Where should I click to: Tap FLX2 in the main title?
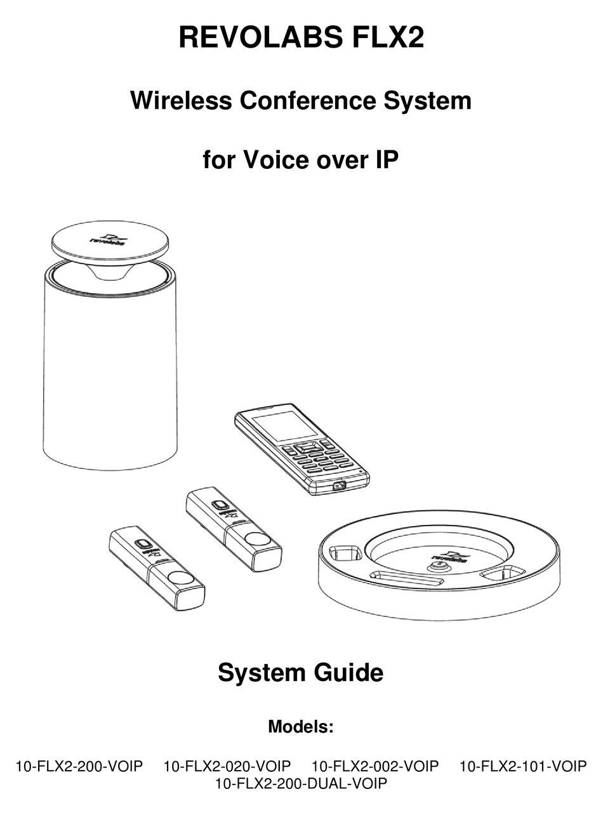tap(388, 37)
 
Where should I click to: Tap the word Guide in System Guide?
tap(348, 672)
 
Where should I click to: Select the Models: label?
tap(301, 726)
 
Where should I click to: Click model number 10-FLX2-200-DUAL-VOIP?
tap(301, 783)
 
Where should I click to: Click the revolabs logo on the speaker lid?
tap(108, 239)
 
